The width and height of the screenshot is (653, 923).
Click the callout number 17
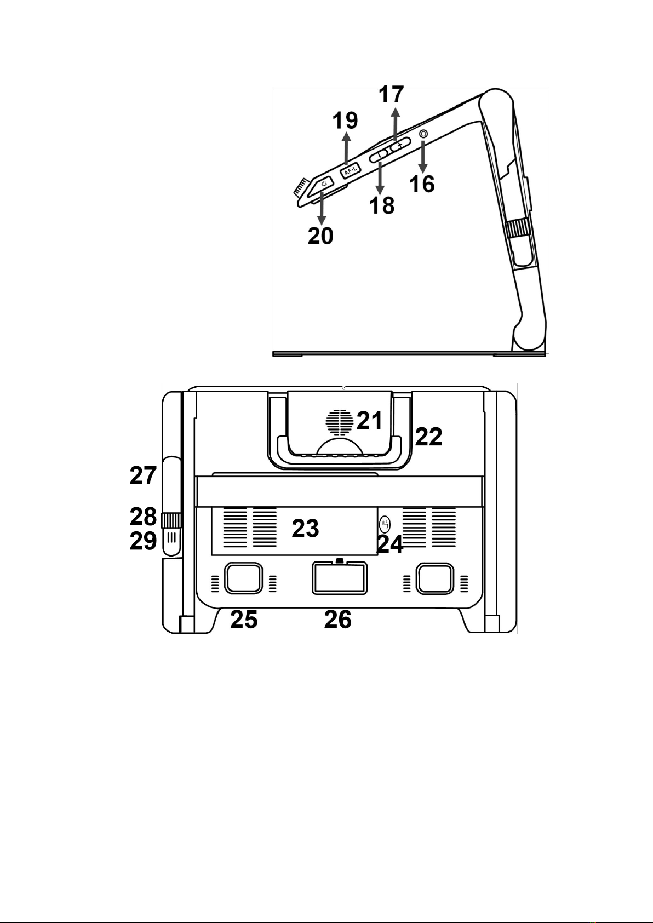(x=391, y=94)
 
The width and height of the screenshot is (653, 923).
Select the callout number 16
(x=422, y=184)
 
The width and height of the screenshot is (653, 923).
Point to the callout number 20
(x=320, y=236)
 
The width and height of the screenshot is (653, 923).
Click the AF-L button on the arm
(x=350, y=170)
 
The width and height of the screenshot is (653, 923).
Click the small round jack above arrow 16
(x=423, y=134)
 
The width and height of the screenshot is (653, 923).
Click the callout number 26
(x=338, y=620)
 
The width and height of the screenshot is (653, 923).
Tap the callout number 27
(x=143, y=475)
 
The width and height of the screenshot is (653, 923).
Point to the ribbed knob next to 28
(x=171, y=521)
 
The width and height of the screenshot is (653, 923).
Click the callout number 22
(x=428, y=437)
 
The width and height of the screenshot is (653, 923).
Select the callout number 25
(x=244, y=620)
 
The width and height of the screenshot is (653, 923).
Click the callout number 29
(x=143, y=541)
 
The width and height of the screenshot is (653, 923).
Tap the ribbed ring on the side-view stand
(x=518, y=228)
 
